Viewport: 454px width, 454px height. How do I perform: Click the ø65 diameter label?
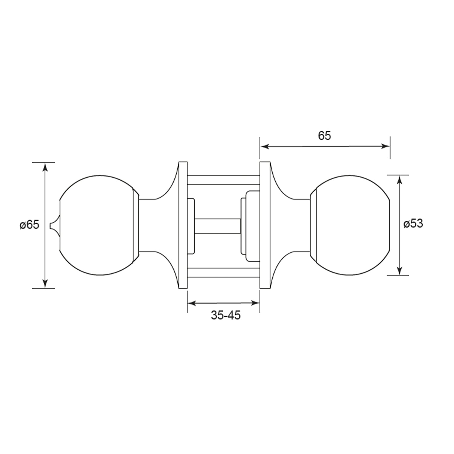coord(30,225)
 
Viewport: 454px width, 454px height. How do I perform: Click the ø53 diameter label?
coord(413,224)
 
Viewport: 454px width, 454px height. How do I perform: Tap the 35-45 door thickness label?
coord(226,315)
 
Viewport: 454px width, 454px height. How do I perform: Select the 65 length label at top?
coord(324,136)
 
